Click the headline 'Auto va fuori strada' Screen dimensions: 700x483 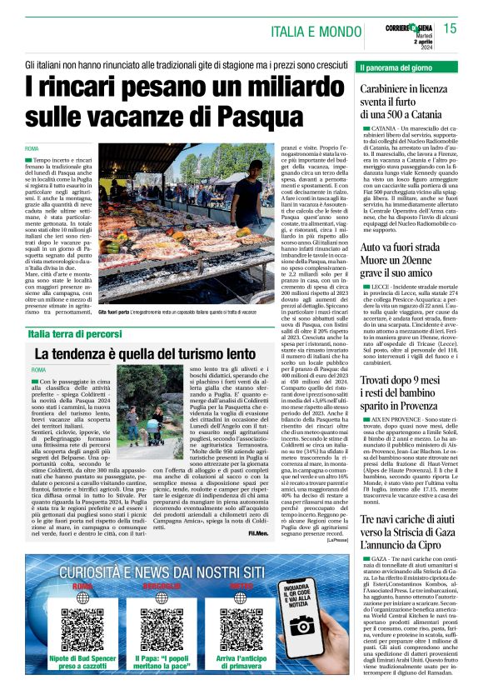pyautogui.click(x=406, y=250)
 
